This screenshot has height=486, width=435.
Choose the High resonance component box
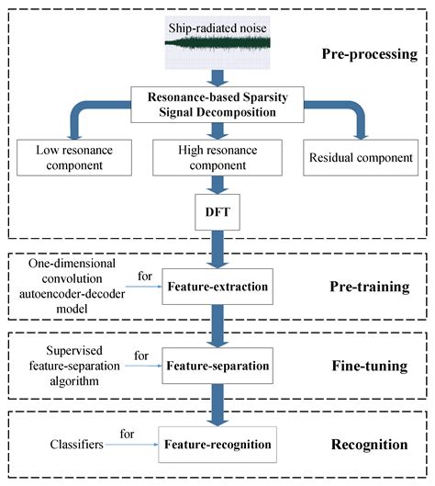pos(217,156)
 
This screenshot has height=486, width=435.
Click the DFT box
pos(217,212)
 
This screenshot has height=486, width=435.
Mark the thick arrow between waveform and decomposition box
pos(217,78)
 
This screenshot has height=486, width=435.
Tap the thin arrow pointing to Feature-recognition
pos(138,445)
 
